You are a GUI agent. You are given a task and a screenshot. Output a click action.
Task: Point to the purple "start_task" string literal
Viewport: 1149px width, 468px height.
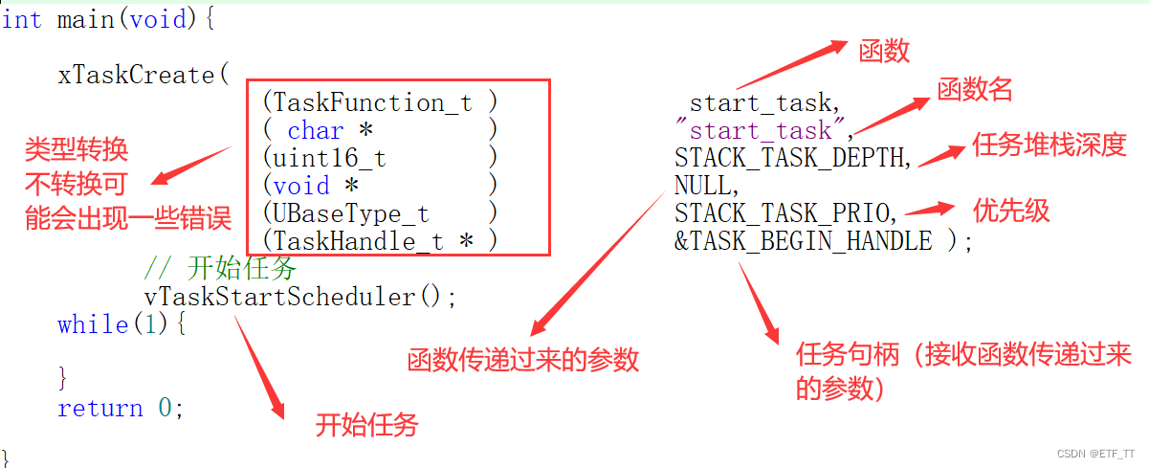pyautogui.click(x=762, y=130)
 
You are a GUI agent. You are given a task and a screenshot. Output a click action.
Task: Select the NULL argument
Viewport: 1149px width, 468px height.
pyautogui.click(x=706, y=185)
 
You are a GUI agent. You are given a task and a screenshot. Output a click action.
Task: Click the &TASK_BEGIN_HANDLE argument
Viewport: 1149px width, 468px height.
pyautogui.click(x=804, y=240)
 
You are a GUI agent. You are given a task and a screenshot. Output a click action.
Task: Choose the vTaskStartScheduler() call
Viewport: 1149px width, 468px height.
pyautogui.click(x=300, y=297)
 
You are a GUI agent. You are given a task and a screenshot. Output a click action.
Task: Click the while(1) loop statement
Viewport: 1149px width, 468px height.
pyautogui.click(x=122, y=324)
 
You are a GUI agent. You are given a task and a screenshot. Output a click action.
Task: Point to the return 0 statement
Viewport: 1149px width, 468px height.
pyautogui.click(x=120, y=409)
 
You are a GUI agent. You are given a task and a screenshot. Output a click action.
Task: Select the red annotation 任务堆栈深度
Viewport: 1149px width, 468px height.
pyautogui.click(x=1050, y=145)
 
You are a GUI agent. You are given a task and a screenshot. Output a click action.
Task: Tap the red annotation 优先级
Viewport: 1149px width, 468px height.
pyautogui.click(x=1011, y=210)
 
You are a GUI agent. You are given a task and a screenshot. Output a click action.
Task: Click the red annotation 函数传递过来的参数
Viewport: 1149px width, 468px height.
pyautogui.click(x=522, y=360)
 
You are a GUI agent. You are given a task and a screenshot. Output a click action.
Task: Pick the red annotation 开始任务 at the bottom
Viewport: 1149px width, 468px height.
pyautogui.click(x=366, y=424)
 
